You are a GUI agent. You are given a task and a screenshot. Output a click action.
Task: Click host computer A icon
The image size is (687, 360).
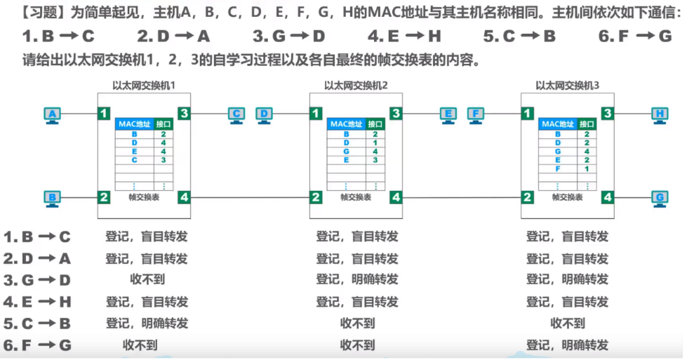51,114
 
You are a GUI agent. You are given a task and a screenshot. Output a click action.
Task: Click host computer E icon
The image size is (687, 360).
448,114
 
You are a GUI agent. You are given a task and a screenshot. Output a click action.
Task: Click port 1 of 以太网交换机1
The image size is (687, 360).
104,113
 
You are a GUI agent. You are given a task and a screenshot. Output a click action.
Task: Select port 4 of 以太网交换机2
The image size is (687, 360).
396,197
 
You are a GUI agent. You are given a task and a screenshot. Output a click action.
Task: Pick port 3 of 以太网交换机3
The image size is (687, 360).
607,113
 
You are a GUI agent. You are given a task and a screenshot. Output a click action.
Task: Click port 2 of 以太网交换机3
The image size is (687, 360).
527,197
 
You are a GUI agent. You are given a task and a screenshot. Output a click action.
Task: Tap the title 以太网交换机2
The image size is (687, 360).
356,86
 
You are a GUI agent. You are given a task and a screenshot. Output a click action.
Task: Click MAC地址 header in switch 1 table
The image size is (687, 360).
134,124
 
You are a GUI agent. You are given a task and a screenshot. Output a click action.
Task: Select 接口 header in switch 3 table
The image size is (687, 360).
586,124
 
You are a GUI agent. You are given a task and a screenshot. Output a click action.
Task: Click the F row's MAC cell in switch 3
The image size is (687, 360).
558,168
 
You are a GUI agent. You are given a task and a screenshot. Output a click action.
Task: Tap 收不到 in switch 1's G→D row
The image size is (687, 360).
147,280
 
